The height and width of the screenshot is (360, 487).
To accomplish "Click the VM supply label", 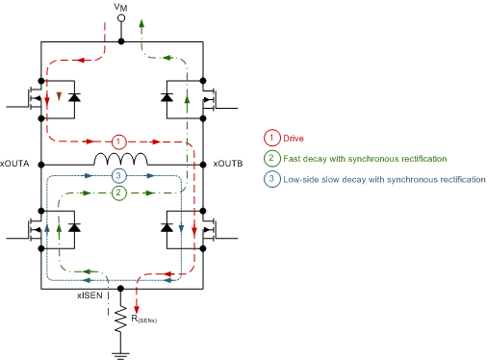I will [119, 9].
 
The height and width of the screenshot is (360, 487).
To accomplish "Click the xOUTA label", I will [17, 161].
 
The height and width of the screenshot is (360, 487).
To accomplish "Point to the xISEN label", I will [90, 297].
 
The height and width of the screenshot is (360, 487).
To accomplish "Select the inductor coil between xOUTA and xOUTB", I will [120, 159].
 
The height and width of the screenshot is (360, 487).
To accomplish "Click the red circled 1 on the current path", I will [118, 141].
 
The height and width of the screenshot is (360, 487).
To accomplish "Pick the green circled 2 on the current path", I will [118, 193].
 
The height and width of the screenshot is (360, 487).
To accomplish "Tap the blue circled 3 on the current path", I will [118, 176].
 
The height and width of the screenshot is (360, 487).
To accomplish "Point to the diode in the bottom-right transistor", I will [167, 228].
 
